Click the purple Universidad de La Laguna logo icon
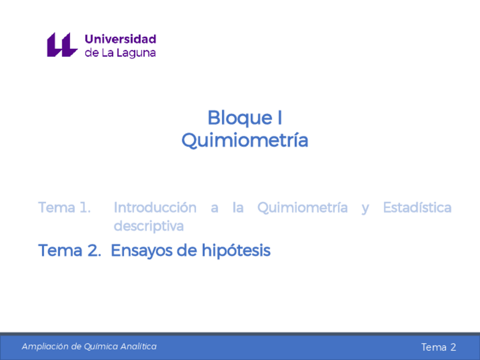pos(61,45)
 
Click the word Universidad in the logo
pos(120,39)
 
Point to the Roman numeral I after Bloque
pos(278,118)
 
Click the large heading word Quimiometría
pos(245,140)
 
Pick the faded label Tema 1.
pos(65,208)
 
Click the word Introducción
pos(155,208)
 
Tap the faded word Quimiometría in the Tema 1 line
pos(302,208)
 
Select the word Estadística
pos(417,208)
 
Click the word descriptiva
pos(149,226)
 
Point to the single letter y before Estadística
pos(365,208)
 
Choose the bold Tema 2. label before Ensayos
pos(69,250)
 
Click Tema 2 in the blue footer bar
pos(438,347)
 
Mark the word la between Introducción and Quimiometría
pos(238,208)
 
